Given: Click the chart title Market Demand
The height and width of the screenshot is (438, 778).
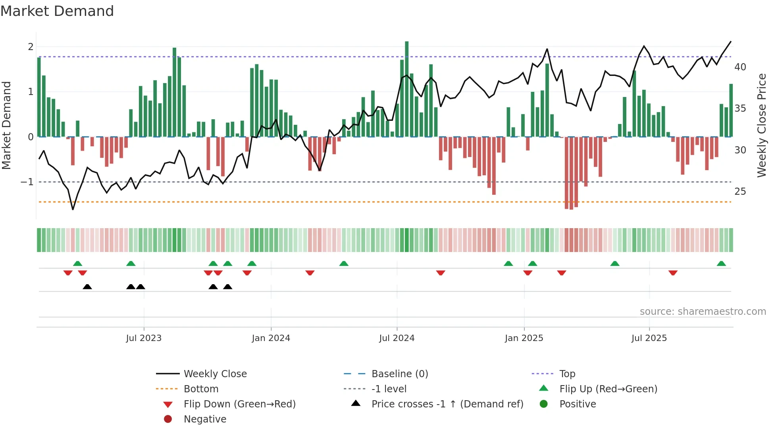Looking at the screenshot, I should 57,11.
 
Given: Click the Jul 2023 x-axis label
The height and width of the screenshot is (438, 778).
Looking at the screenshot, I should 144,338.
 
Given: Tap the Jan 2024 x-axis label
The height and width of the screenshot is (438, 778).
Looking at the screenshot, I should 271,338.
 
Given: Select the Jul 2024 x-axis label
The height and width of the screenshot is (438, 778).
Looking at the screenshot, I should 397,338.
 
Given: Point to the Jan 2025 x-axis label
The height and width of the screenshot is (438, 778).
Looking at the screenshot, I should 524,338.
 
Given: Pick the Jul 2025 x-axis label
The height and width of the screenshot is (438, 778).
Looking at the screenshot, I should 649,338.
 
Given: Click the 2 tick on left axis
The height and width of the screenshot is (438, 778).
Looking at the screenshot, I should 31,47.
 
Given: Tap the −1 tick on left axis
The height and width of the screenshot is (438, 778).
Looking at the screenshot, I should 27,182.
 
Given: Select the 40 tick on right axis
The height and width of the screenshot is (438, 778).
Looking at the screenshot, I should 740,67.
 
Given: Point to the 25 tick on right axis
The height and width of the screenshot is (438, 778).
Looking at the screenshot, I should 740,192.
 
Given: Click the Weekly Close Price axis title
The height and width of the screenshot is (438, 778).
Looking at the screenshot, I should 761,125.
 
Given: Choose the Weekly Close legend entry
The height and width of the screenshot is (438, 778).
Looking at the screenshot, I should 215,374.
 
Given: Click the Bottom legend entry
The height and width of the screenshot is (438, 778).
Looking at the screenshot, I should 201,389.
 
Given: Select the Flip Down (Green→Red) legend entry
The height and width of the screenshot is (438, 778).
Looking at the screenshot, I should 239,404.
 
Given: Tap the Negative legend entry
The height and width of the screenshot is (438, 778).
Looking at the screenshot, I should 205,419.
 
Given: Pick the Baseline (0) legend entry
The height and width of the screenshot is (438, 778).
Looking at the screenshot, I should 399,374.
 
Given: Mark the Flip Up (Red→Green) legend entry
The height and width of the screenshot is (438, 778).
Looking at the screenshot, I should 608,389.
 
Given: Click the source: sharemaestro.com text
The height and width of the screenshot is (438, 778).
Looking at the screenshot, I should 703,312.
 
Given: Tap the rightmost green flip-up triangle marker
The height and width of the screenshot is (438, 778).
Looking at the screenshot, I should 721,264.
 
